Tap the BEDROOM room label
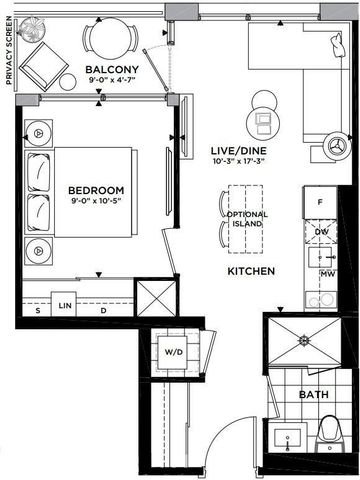[96, 190]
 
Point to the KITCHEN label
[252, 271]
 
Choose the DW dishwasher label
[322, 234]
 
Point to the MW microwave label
[326, 272]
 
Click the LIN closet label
[66, 304]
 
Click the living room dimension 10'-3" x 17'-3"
[237, 163]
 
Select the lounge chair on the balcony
[45, 64]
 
